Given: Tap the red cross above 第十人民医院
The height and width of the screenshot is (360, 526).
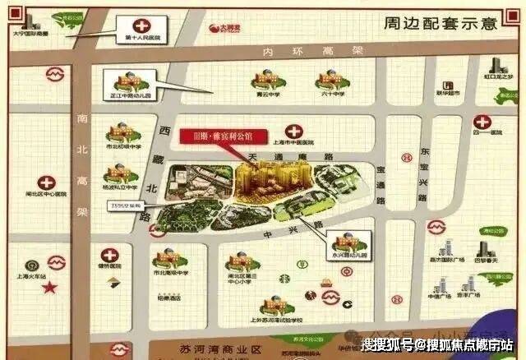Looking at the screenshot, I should tap(141, 25).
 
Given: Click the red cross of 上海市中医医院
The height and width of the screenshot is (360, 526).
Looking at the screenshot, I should tap(293, 130).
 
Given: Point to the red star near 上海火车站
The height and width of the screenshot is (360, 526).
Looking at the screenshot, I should tap(50, 287).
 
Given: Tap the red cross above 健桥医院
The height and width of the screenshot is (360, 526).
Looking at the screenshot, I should tap(107, 255).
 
